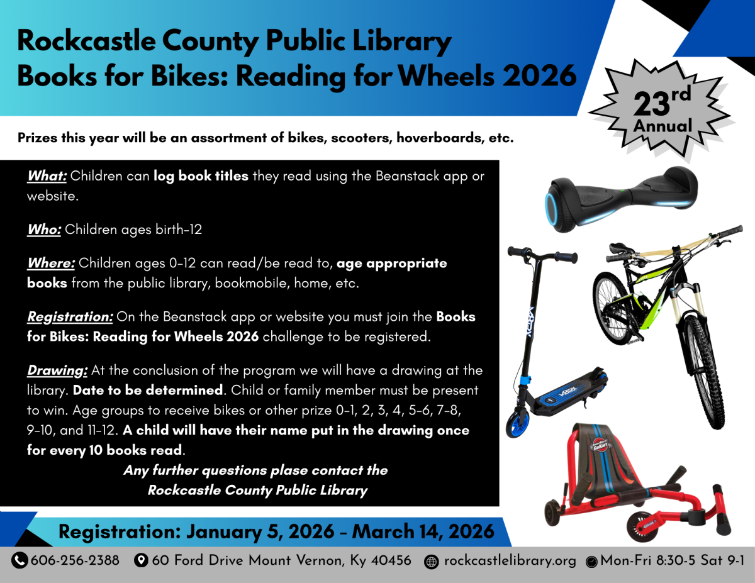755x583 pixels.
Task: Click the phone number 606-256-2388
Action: [x=75, y=560]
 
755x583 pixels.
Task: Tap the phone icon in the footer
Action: [x=20, y=560]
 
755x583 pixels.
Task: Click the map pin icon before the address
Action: [x=142, y=560]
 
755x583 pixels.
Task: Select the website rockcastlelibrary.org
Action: [x=510, y=561]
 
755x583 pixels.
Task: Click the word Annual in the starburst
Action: [x=663, y=126]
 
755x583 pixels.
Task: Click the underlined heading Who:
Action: [x=44, y=230]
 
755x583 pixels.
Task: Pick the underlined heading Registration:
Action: [x=70, y=317]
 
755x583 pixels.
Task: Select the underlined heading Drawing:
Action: [x=57, y=370]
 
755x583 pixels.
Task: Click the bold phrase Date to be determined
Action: [x=148, y=390]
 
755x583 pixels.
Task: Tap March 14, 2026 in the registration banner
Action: [x=423, y=531]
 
